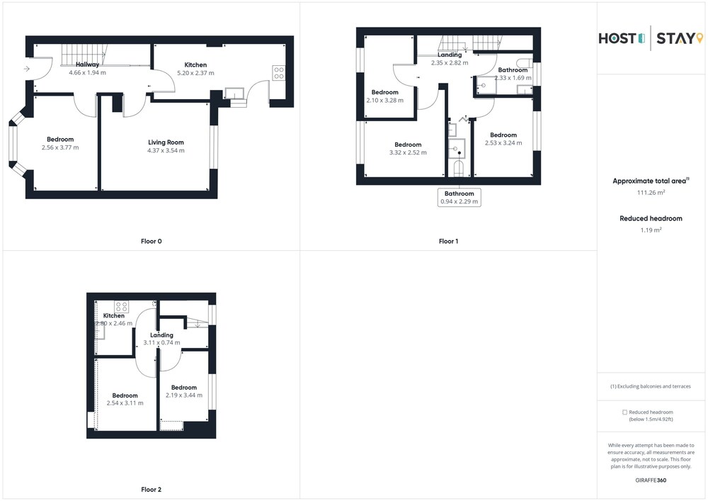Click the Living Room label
(x=166, y=142)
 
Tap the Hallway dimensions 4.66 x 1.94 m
(x=88, y=73)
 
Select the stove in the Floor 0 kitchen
(x=278, y=73)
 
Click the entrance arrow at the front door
(x=27, y=69)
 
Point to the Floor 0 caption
(x=152, y=241)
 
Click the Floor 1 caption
(x=448, y=241)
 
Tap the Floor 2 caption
(x=152, y=489)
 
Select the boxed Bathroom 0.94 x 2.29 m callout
(x=459, y=198)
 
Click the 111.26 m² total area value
(x=651, y=193)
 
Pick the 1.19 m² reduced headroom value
(x=651, y=230)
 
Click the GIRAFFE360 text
(x=651, y=480)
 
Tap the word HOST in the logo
(x=617, y=38)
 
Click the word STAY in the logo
(x=674, y=38)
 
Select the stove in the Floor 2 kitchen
(x=122, y=308)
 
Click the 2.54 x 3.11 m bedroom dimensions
(x=125, y=403)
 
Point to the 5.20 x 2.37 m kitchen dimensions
(x=195, y=73)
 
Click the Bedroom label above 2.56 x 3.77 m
(x=60, y=140)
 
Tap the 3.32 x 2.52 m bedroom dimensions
(x=409, y=152)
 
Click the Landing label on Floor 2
(x=161, y=335)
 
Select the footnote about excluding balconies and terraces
(x=651, y=386)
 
